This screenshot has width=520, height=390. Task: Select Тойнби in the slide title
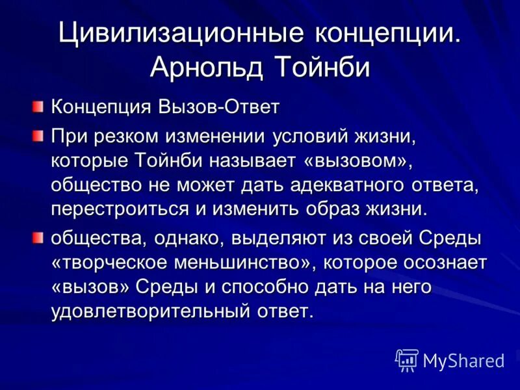coord(322,66)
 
